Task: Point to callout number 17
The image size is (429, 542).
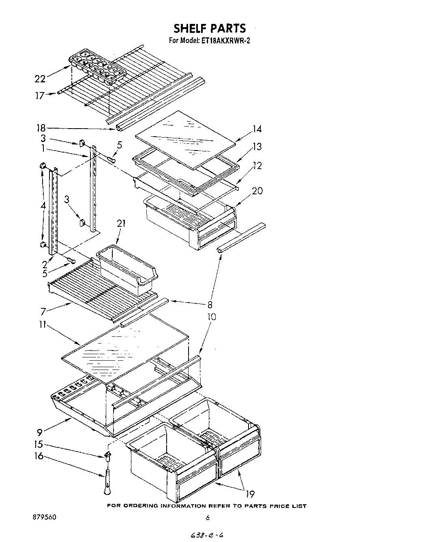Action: pyautogui.click(x=40, y=96)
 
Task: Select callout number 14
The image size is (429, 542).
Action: pyautogui.click(x=257, y=129)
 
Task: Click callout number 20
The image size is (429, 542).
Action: pyautogui.click(x=257, y=190)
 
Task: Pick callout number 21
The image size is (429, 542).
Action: pyautogui.click(x=121, y=223)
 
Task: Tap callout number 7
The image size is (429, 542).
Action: pyautogui.click(x=43, y=312)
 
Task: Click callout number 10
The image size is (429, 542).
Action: pyautogui.click(x=211, y=316)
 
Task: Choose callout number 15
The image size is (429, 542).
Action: pyautogui.click(x=39, y=445)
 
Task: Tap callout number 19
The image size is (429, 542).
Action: pyautogui.click(x=250, y=494)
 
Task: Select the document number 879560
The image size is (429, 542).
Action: pyautogui.click(x=45, y=517)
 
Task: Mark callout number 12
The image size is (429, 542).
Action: pyautogui.click(x=257, y=166)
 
